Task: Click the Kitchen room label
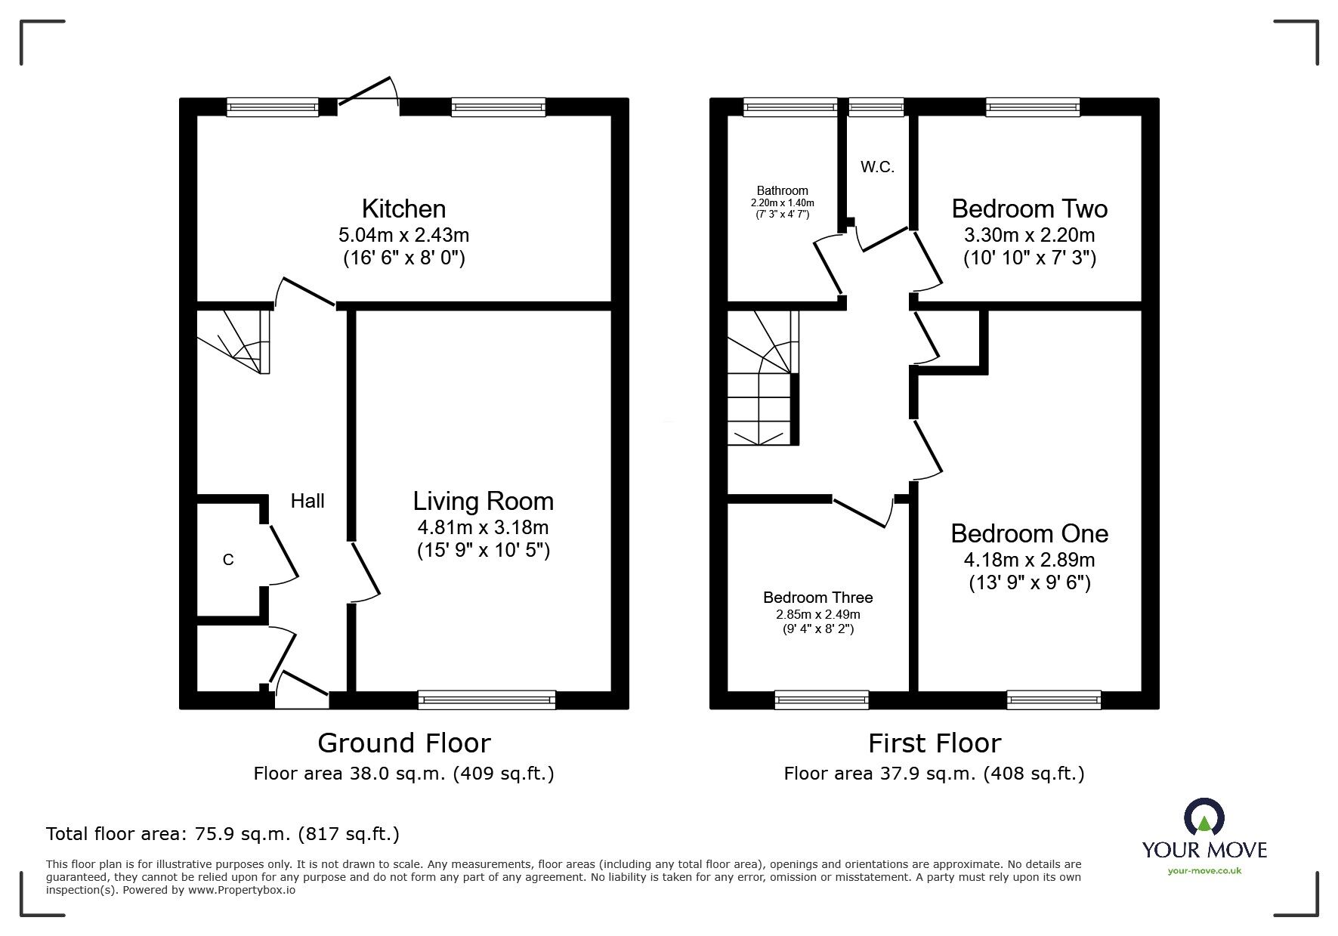click(x=403, y=209)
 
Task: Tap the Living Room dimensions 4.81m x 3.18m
click(x=483, y=527)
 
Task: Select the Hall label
click(x=307, y=501)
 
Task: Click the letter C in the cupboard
click(x=228, y=560)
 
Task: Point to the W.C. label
click(x=877, y=168)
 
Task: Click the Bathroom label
click(x=782, y=191)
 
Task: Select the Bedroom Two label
click(x=1029, y=209)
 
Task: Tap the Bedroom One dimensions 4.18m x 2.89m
click(x=1029, y=560)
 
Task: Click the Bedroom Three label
click(x=817, y=598)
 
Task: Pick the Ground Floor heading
click(x=403, y=743)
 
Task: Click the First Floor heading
click(x=934, y=743)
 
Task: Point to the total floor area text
click(x=223, y=834)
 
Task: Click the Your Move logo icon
click(x=1204, y=818)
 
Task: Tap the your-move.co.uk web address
click(x=1204, y=871)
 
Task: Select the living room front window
click(x=487, y=700)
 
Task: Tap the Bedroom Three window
click(x=821, y=700)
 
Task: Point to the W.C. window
click(x=876, y=107)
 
